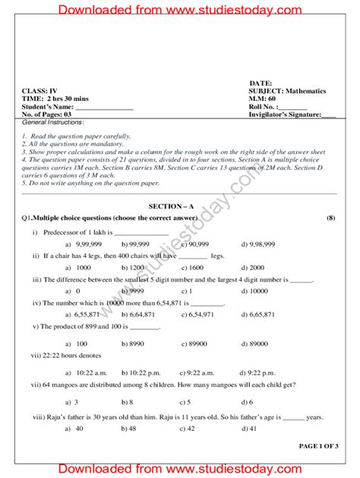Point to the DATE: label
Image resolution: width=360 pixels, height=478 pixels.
260,82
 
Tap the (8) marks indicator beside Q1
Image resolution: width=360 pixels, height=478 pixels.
330,218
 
